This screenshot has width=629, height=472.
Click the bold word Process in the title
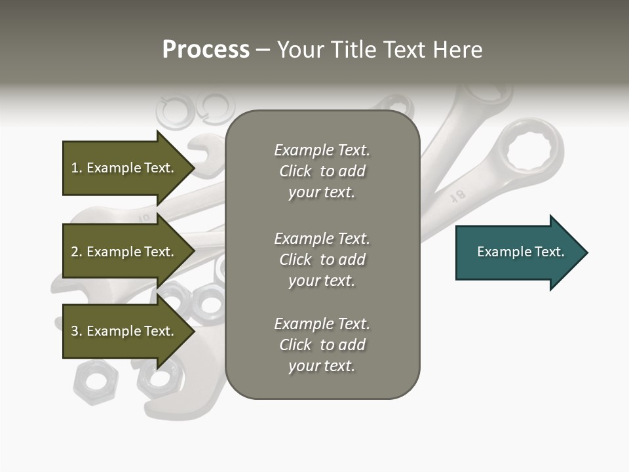pyautogui.click(x=206, y=50)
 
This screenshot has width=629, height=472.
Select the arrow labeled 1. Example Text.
pyautogui.click(x=124, y=168)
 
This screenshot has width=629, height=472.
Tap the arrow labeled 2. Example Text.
pyautogui.click(x=124, y=252)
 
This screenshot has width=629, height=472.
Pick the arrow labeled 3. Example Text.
pyautogui.click(x=124, y=331)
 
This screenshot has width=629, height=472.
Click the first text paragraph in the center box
pyautogui.click(x=322, y=171)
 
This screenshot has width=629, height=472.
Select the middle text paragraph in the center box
pyautogui.click(x=322, y=260)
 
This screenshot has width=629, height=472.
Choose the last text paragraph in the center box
pyautogui.click(x=322, y=345)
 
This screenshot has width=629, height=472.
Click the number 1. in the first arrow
pyautogui.click(x=77, y=168)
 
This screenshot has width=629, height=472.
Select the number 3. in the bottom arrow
pyautogui.click(x=77, y=331)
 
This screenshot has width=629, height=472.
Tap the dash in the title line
pyautogui.click(x=263, y=50)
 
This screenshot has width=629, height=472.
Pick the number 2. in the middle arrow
pyautogui.click(x=77, y=252)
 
